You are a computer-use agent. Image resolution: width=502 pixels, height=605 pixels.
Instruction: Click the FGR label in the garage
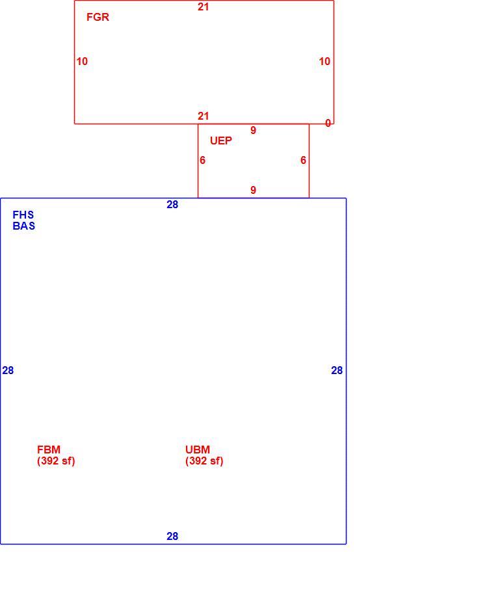tap(98, 17)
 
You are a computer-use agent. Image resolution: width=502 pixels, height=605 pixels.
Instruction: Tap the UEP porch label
tap(221, 141)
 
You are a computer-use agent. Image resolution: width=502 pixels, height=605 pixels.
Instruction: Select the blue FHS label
tap(23, 215)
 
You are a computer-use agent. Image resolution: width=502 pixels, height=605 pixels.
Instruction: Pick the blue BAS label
tap(23, 226)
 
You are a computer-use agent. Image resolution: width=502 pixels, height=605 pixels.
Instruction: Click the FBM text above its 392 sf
tap(49, 450)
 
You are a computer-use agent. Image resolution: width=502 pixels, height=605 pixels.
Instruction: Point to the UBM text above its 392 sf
tap(198, 450)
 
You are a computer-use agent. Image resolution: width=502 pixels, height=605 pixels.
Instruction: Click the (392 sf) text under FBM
tap(56, 461)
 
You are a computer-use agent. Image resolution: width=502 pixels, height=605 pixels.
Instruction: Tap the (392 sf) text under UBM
tap(204, 461)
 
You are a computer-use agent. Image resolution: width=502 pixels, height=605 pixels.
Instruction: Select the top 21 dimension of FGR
tap(203, 7)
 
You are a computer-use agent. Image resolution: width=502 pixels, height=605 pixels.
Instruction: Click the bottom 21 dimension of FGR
tap(203, 116)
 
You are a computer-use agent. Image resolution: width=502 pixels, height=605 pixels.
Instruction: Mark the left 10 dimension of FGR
tap(82, 61)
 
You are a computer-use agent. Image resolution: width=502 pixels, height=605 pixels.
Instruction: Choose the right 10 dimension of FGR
tap(324, 61)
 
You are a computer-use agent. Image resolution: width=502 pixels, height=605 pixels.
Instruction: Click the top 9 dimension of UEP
tap(253, 130)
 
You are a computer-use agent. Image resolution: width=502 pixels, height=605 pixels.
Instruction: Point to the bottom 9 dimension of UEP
tap(253, 190)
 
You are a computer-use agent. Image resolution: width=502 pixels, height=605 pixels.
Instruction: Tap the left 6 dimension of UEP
tap(202, 160)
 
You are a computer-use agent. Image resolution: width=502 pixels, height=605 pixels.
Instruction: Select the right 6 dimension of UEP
tap(303, 160)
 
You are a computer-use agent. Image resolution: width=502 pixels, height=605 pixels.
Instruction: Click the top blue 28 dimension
tap(172, 204)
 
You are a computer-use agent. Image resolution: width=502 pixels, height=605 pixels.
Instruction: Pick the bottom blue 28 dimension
tap(172, 536)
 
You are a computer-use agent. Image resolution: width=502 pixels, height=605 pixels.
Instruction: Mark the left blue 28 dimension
tap(8, 370)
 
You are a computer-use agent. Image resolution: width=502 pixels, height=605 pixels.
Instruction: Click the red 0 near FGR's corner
tap(328, 123)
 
